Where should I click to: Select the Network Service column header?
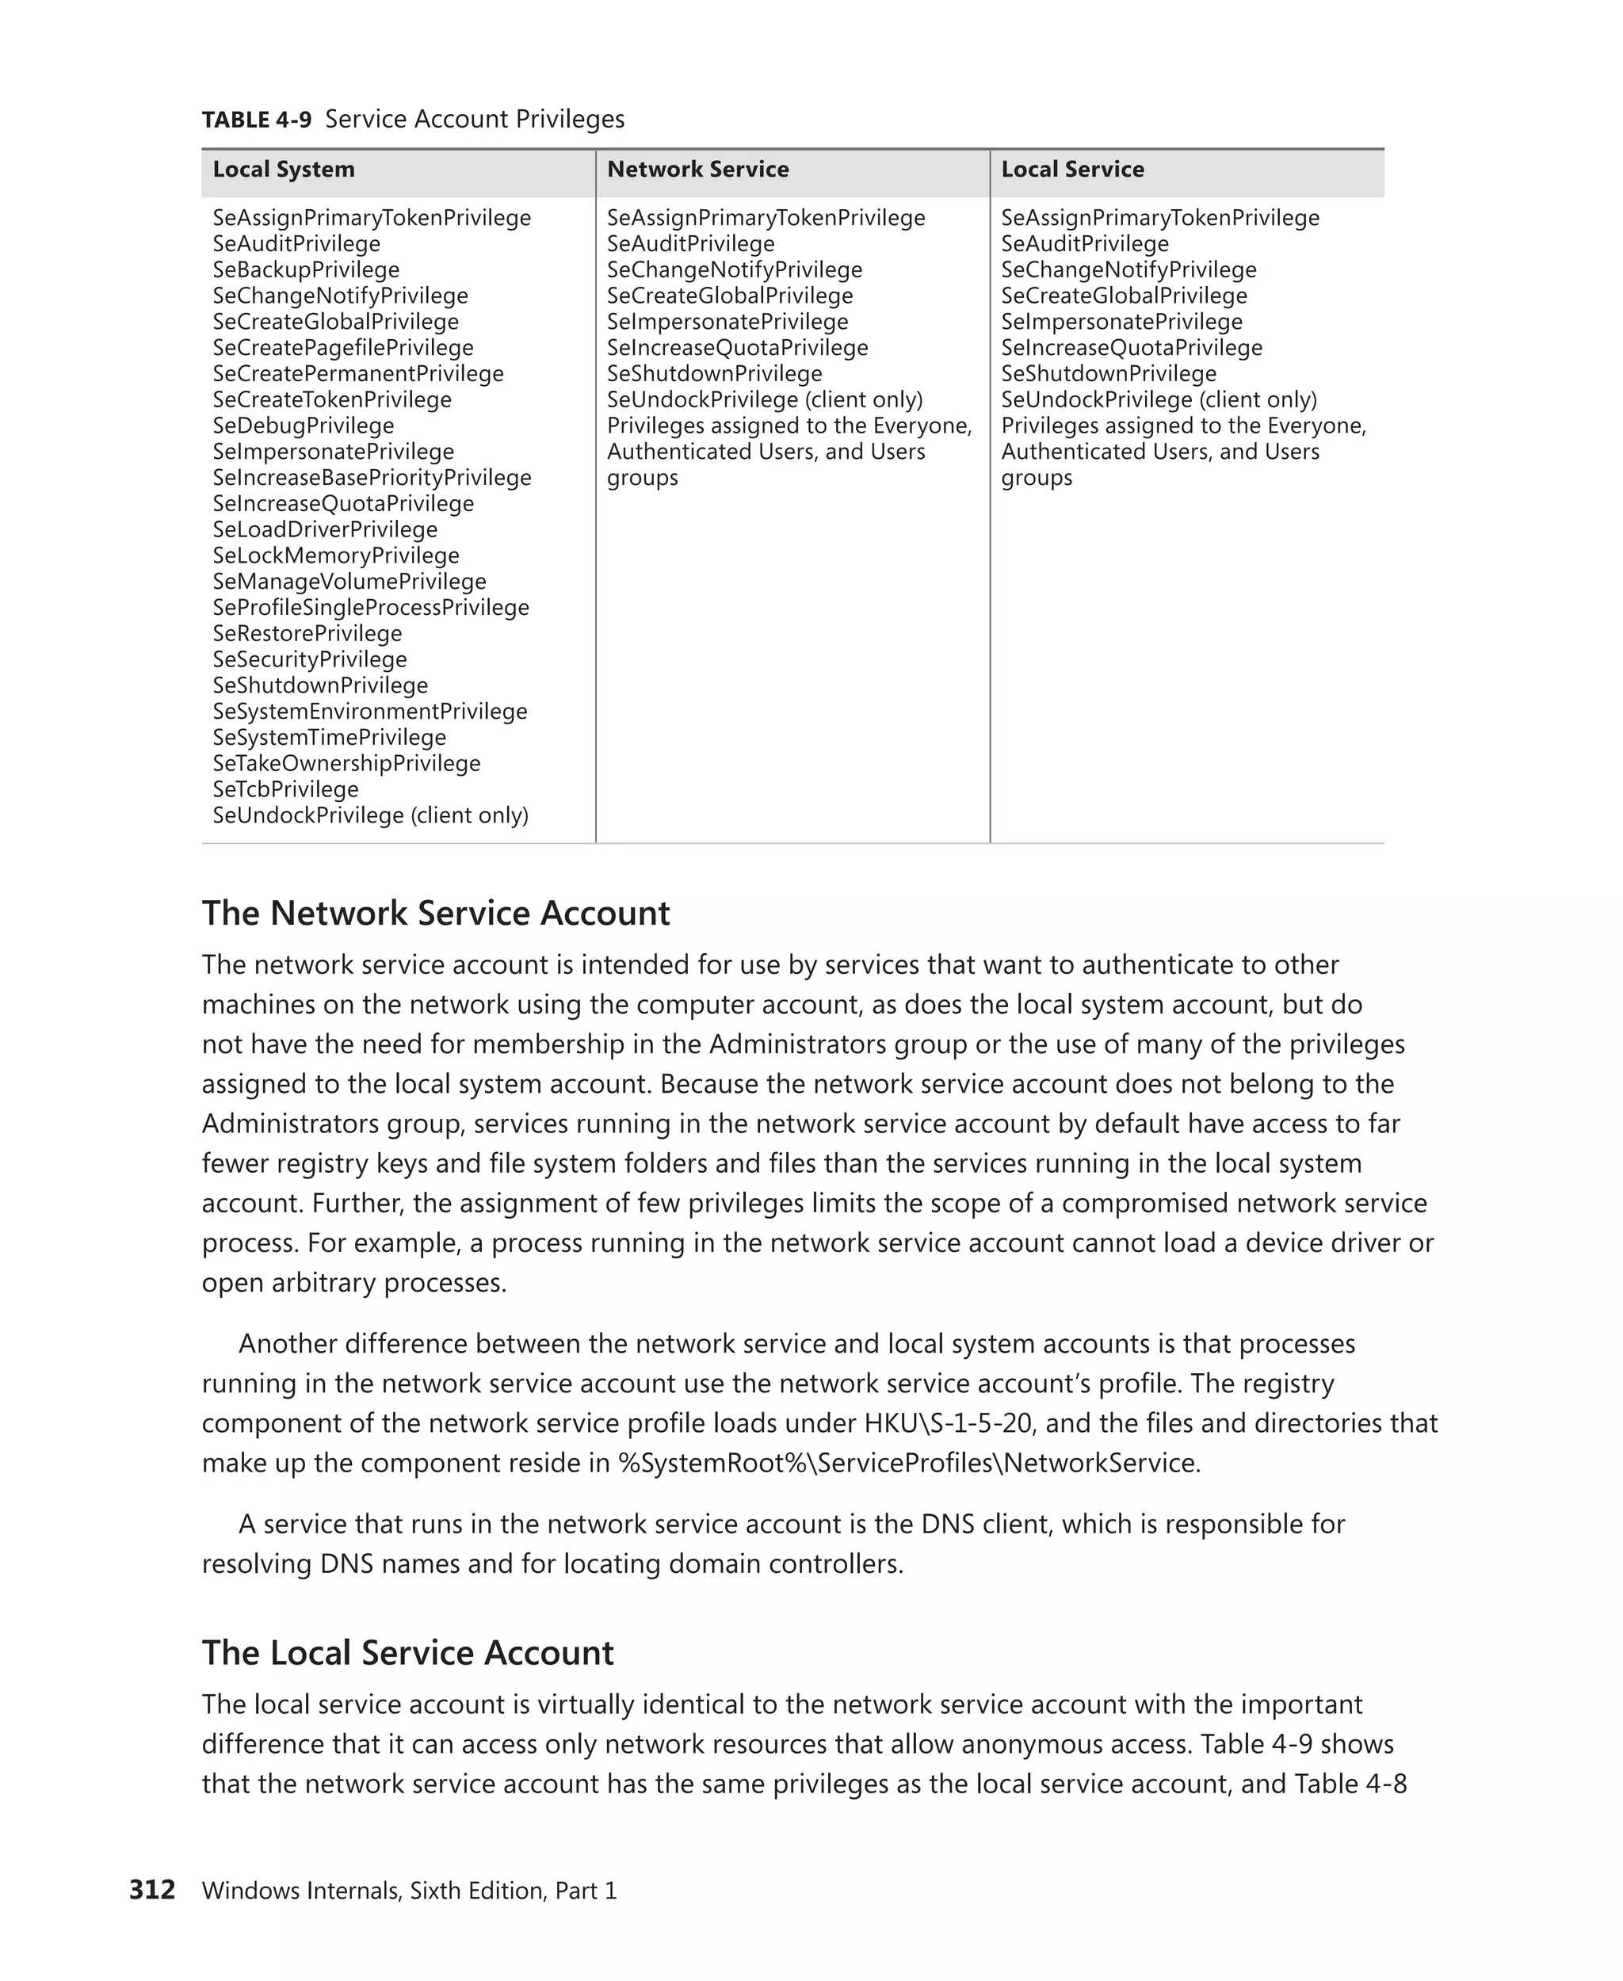point(697,170)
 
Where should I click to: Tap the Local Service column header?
point(1072,170)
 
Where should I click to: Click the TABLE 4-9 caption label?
point(256,120)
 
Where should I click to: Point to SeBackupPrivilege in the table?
point(306,270)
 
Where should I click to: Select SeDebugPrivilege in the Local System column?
point(303,426)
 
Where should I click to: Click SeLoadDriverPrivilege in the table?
point(324,530)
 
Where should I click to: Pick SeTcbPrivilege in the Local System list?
point(285,790)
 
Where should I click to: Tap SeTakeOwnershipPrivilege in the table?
point(346,764)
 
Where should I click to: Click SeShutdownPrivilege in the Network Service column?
point(714,374)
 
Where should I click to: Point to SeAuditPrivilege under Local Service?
point(1084,244)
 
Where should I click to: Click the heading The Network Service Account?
point(436,914)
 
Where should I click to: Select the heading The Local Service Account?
point(407,1653)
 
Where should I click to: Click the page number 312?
point(151,1891)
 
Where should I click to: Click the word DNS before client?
point(948,1525)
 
